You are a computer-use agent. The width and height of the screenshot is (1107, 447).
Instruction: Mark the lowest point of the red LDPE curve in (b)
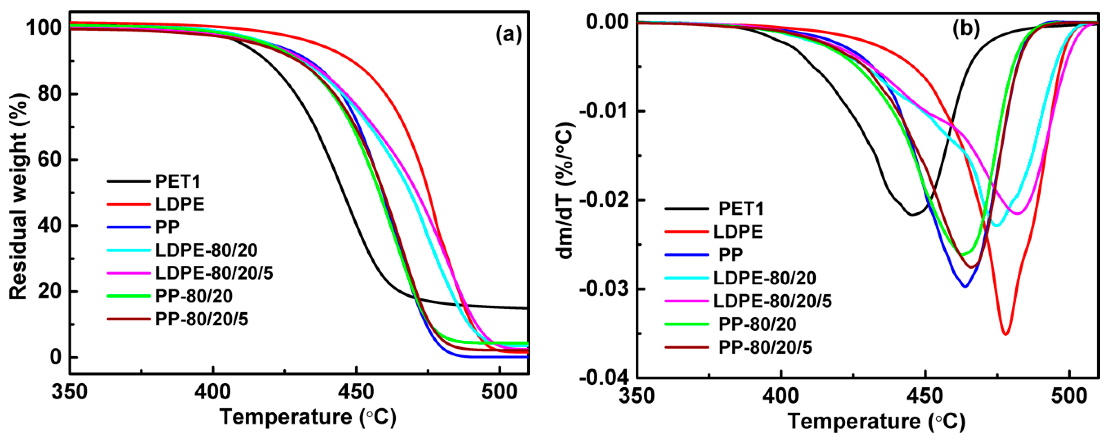point(1006,334)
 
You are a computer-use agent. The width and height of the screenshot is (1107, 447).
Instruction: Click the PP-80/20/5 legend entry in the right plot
point(765,347)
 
